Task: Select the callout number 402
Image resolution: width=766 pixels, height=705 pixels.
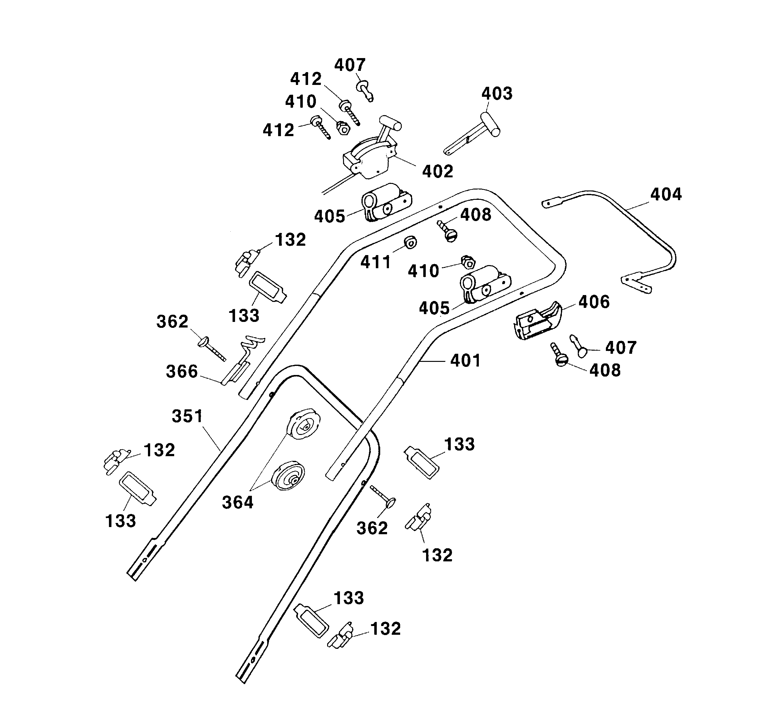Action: coord(438,172)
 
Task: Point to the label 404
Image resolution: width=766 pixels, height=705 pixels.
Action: coord(666,195)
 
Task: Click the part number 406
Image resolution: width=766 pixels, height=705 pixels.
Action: coord(594,302)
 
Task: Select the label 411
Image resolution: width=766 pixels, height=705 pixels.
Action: coord(376,263)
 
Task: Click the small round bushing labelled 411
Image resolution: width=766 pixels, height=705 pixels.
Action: coord(410,242)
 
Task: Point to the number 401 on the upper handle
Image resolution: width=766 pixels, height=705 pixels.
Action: coord(465,361)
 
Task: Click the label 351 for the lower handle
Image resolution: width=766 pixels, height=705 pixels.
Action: coord(187,416)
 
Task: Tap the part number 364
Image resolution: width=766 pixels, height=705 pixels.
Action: coord(238,502)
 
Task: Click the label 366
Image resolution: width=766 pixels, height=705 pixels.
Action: coord(182,372)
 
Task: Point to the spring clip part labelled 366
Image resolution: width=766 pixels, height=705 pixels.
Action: coord(242,362)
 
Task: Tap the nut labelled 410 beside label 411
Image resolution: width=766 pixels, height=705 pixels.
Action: coord(468,263)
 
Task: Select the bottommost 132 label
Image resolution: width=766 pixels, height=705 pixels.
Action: coord(385,629)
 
